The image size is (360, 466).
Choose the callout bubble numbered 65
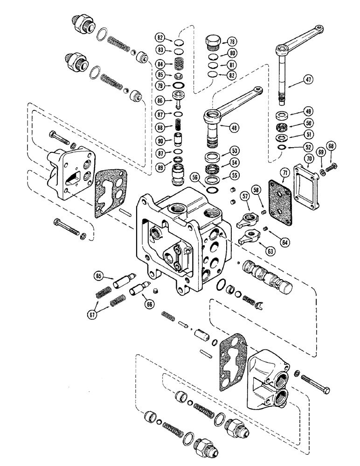98,276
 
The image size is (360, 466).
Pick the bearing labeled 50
283,127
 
